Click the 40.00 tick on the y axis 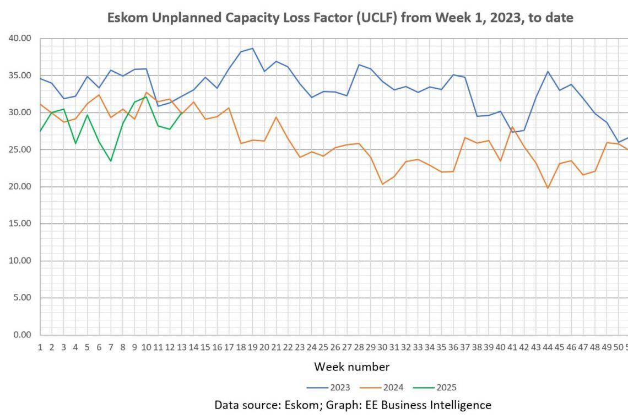click(x=20, y=39)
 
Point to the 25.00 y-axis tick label click(x=20, y=149)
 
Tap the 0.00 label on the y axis click(x=23, y=335)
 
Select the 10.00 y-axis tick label click(x=20, y=261)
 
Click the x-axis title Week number click(x=351, y=367)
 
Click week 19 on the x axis click(x=252, y=347)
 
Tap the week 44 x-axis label click(x=548, y=347)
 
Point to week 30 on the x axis click(x=382, y=347)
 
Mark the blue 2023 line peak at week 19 click(x=252, y=49)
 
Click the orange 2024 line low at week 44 click(x=548, y=188)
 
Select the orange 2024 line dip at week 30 click(x=382, y=184)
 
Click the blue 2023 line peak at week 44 click(x=548, y=72)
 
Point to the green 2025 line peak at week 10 click(x=146, y=97)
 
